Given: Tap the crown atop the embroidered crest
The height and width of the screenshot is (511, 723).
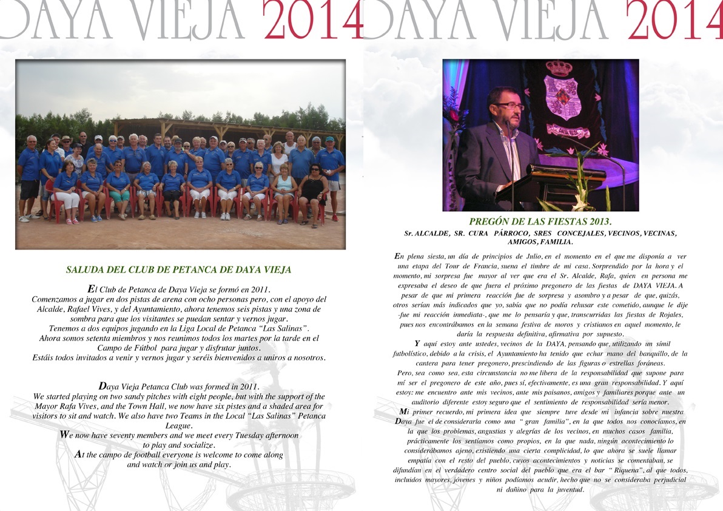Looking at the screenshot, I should [x=559, y=68].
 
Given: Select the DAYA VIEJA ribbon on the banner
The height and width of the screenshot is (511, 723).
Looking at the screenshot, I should [x=568, y=130].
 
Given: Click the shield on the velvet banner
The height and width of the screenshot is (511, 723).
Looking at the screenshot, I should [x=562, y=97].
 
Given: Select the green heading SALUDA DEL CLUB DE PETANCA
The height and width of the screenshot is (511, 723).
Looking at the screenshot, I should [x=178, y=270].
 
